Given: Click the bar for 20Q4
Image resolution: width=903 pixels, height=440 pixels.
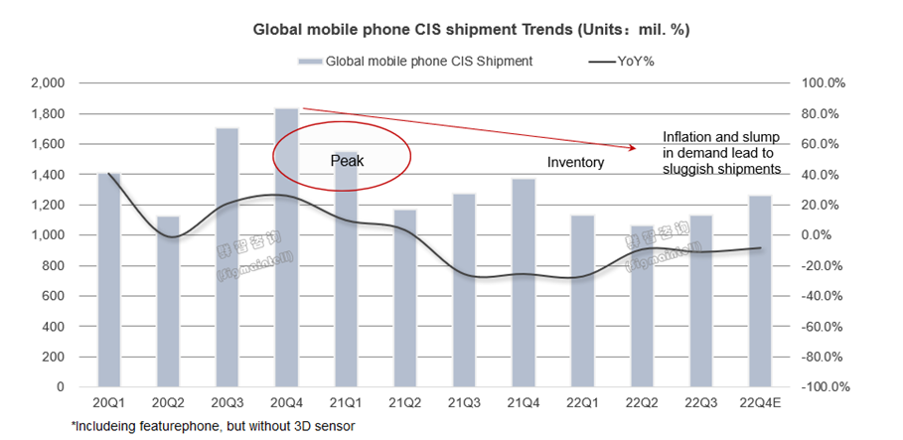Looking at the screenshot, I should (x=285, y=247).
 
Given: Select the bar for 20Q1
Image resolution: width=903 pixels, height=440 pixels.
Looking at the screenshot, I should (x=109, y=279).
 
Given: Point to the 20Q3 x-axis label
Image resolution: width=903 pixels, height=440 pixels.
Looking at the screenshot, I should (x=226, y=404).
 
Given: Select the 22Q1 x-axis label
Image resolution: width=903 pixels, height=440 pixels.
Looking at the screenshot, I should (x=577, y=404).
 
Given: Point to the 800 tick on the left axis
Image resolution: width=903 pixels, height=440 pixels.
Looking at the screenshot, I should (x=55, y=265).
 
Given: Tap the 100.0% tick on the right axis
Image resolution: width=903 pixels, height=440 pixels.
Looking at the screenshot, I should (x=822, y=83).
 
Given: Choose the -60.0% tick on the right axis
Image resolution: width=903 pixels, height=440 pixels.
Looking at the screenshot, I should (x=822, y=326).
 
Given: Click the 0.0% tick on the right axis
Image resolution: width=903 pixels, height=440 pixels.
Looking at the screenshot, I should (x=827, y=235).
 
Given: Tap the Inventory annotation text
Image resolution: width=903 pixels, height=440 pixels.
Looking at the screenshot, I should (x=575, y=161).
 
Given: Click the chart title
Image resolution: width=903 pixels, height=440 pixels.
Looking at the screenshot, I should (x=469, y=30).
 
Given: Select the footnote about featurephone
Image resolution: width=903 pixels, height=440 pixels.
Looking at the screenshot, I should (x=213, y=425).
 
